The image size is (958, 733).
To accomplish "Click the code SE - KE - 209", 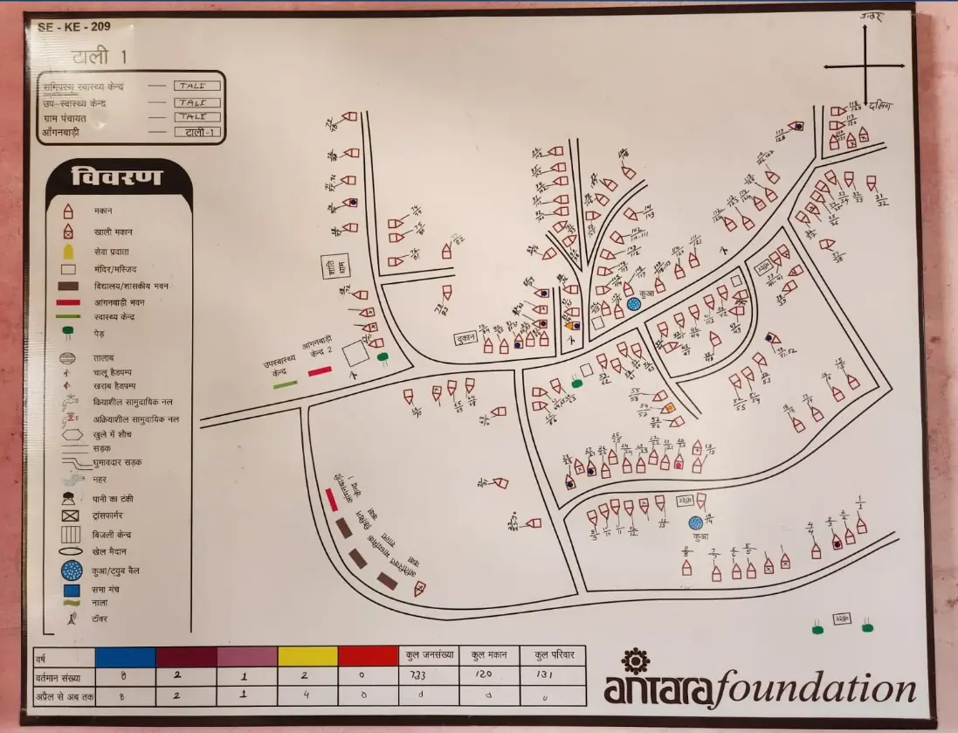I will coord(74,27).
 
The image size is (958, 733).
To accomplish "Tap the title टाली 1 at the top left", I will coord(100,58).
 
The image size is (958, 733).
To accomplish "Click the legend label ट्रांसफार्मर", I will coord(114,516).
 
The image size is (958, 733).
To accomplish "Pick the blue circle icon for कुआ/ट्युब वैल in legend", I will coord(72,570).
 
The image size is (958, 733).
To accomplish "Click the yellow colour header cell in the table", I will coord(307,656).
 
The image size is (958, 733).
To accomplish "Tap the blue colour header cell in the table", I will coord(125,656).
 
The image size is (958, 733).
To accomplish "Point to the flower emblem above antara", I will coord(635,659).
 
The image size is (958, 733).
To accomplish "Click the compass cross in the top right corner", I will coord(865,66).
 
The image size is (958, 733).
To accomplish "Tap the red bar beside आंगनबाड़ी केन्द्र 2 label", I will coord(320,371).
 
